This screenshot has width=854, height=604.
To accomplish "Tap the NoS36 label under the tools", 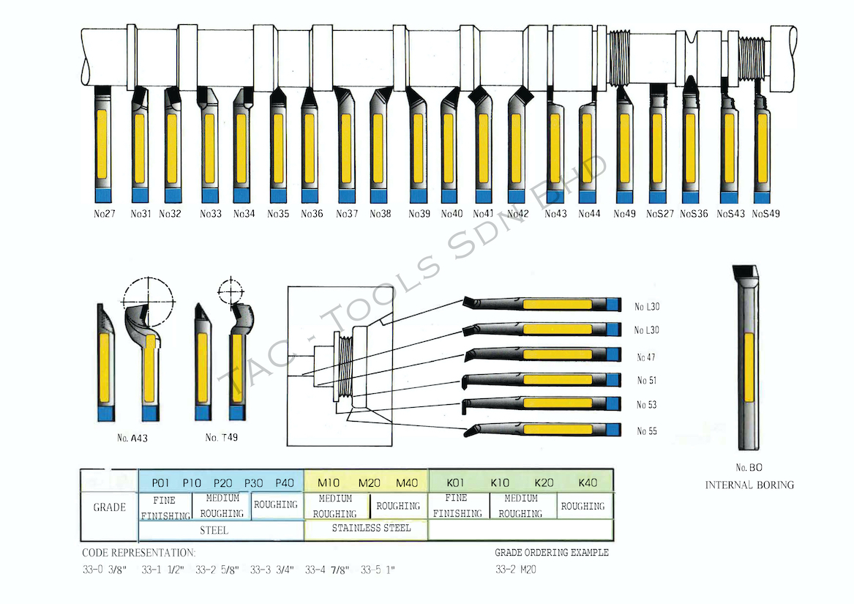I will (694, 215).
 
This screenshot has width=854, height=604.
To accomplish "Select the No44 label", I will (589, 215).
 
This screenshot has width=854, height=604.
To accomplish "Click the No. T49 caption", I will (221, 438).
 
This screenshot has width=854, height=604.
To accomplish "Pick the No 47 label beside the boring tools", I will (646, 357).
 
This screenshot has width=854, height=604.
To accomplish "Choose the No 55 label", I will (646, 431).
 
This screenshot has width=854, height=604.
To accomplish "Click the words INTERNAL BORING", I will (749, 485).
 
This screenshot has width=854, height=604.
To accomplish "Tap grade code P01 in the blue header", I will (161, 483).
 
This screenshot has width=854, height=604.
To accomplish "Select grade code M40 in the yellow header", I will (407, 483).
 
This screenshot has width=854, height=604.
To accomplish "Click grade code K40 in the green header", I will (588, 483).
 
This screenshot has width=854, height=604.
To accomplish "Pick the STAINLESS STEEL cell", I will (371, 528).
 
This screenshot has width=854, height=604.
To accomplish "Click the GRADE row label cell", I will (109, 507).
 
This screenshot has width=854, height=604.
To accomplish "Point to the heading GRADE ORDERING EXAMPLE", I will (551, 553).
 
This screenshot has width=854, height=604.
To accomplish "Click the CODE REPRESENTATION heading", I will (138, 553).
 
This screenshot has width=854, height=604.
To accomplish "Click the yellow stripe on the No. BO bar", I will (749, 368).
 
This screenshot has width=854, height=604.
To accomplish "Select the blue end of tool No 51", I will (613, 380).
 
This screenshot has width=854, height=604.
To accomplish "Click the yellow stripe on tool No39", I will (418, 148).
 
